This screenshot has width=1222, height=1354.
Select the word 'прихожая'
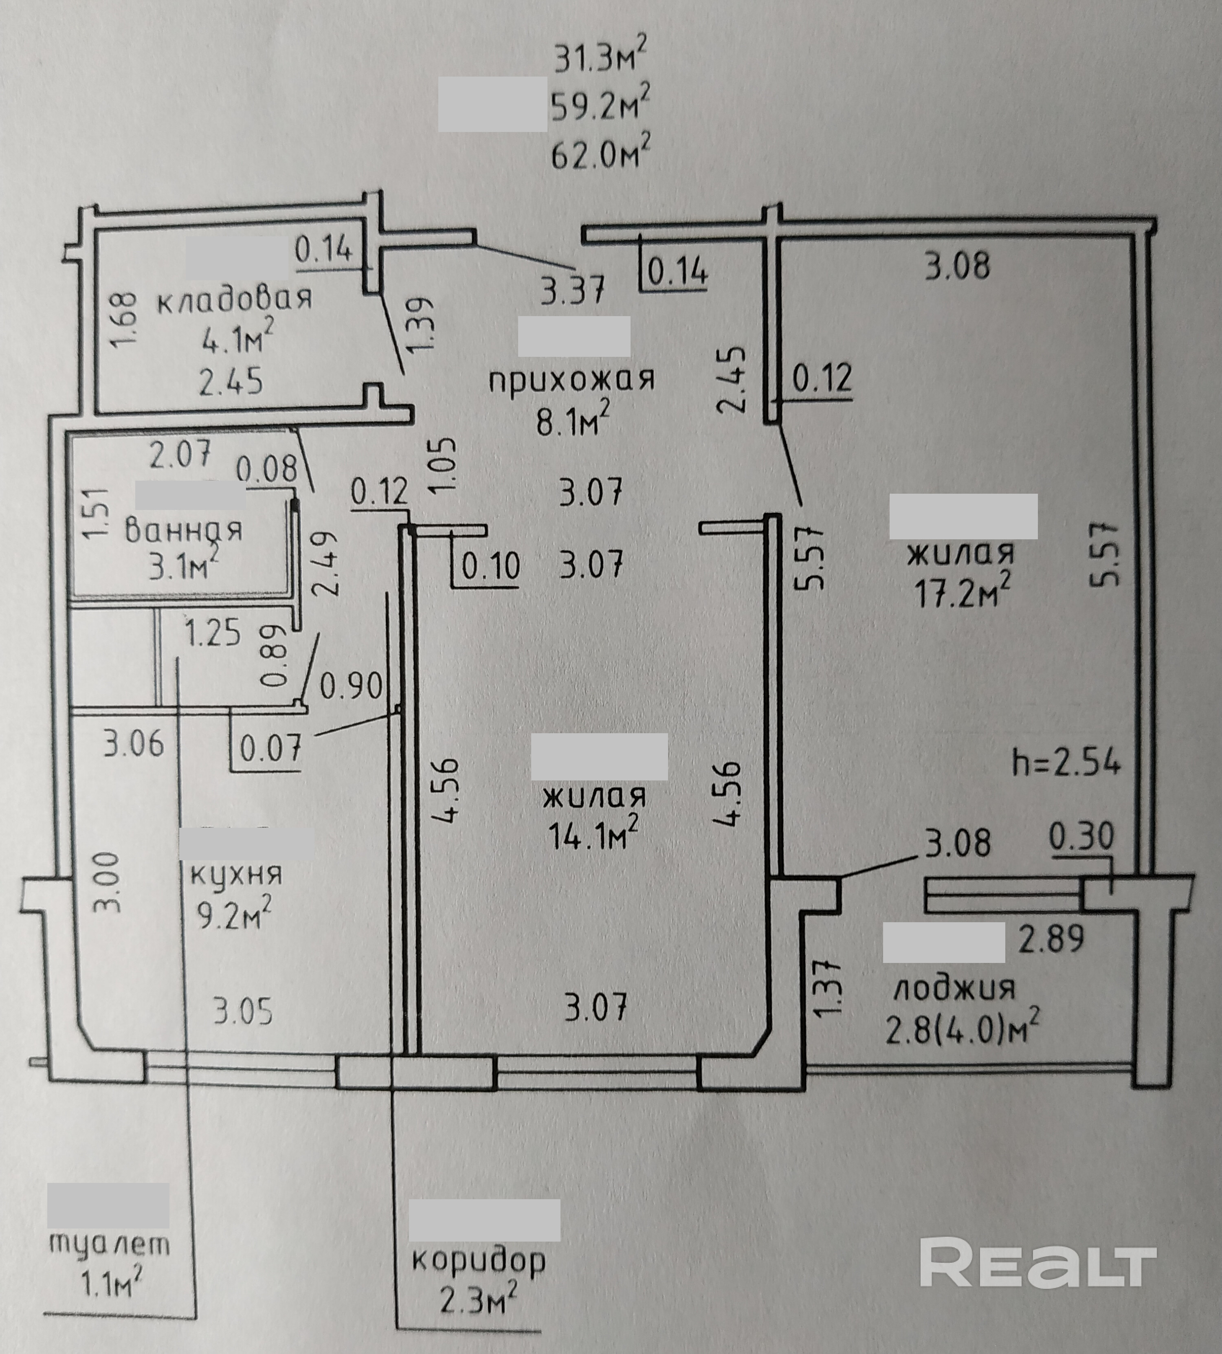click(571, 380)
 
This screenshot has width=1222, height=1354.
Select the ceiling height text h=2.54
click(1067, 764)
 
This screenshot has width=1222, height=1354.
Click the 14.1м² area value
click(592, 836)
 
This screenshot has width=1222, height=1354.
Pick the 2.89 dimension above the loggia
click(1051, 939)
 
